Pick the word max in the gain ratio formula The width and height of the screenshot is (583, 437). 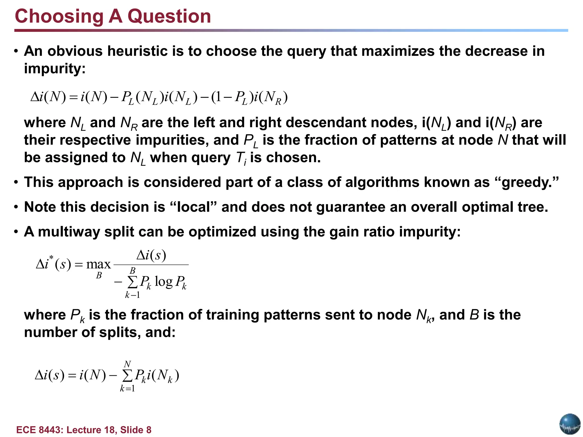98,264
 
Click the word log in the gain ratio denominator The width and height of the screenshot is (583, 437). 163,282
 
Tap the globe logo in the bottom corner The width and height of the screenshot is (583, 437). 570,424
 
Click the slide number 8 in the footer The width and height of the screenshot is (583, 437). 149,430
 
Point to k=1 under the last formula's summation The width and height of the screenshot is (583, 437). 127,389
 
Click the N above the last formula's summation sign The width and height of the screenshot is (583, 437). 127,364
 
